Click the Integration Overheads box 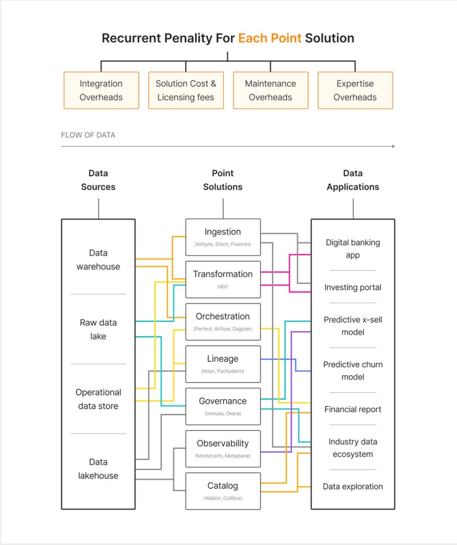pyautogui.click(x=101, y=90)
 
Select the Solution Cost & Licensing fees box pyautogui.click(x=186, y=90)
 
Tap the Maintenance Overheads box pyautogui.click(x=271, y=90)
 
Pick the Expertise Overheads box pyautogui.click(x=355, y=90)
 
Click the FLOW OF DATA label pyautogui.click(x=88, y=135)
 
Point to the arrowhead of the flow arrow pyautogui.click(x=393, y=146)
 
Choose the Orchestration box pyautogui.click(x=223, y=321)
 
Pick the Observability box pyautogui.click(x=223, y=448)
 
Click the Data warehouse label pyautogui.click(x=98, y=260)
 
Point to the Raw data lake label pyautogui.click(x=98, y=329)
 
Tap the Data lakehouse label pyautogui.click(x=98, y=469)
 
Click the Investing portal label pyautogui.click(x=353, y=287)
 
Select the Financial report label pyautogui.click(x=353, y=409)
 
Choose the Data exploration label pyautogui.click(x=353, y=487)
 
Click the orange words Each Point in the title pyautogui.click(x=270, y=38)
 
